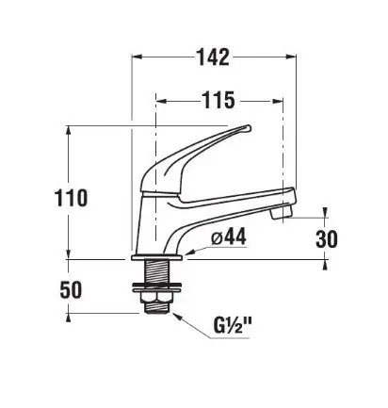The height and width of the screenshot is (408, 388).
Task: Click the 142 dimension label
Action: tap(213, 57)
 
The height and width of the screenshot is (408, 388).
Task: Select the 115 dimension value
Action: tap(218, 100)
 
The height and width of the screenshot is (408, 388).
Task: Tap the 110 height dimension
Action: tap(71, 198)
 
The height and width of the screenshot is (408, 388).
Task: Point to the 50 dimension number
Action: tap(71, 289)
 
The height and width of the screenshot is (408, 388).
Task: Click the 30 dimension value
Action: tap(327, 238)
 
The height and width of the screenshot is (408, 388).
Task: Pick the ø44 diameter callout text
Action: tap(229, 237)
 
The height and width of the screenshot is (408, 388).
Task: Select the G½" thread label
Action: tap(233, 325)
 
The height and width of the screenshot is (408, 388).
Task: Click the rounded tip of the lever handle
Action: tap(248, 128)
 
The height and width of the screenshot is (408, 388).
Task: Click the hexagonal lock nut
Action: tap(157, 299)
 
